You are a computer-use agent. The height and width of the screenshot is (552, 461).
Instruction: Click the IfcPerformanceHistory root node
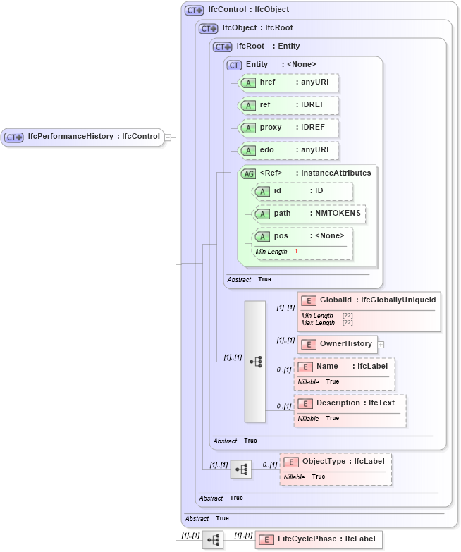83,137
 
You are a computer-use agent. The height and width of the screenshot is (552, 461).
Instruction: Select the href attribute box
288,82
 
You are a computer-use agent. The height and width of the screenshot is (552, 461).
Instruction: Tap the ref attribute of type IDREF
288,105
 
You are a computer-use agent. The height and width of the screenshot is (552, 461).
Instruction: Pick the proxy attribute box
288,128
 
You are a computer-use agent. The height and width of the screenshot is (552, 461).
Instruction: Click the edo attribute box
288,150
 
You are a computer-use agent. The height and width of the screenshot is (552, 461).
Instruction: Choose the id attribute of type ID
302,191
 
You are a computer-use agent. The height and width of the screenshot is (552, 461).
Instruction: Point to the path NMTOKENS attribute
309,214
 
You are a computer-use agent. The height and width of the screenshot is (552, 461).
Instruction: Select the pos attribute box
302,236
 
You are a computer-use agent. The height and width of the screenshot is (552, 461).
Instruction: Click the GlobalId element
369,300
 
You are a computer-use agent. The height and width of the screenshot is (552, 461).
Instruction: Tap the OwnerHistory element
338,344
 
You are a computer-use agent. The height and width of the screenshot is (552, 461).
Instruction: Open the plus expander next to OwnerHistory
381,344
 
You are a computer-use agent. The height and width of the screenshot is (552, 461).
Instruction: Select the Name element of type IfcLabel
344,367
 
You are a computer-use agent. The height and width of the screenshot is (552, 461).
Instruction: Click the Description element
350,403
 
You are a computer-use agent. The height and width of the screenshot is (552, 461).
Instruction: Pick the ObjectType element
336,462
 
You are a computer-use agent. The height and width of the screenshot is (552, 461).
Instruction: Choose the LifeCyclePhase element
319,539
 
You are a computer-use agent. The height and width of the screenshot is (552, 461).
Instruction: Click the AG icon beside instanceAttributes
248,173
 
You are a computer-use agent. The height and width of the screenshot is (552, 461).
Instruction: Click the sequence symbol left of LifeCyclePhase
213,539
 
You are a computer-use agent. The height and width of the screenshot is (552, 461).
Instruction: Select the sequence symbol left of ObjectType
241,468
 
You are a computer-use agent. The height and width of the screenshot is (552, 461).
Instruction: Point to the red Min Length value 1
296,252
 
